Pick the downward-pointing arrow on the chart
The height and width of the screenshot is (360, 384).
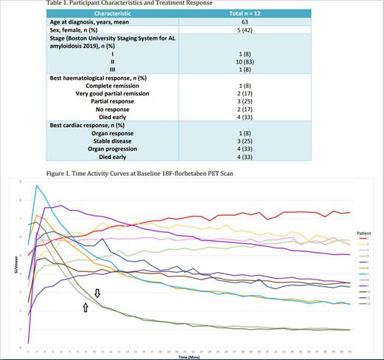tap(97, 294)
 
